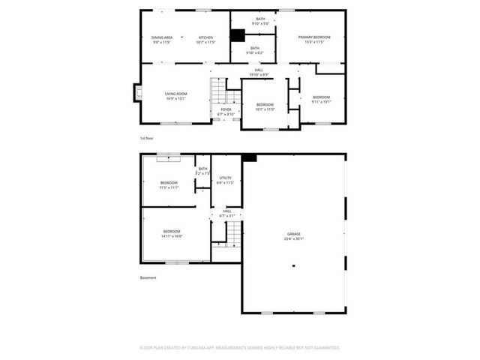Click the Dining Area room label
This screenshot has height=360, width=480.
click(x=162, y=37)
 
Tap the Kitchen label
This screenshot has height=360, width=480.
click(x=205, y=37)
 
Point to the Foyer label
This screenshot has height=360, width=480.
click(x=226, y=109)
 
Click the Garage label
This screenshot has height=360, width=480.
click(x=293, y=234)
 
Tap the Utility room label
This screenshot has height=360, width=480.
click(x=225, y=178)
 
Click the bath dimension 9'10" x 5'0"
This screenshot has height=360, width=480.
click(x=260, y=24)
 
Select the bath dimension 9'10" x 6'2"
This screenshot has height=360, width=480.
click(x=255, y=52)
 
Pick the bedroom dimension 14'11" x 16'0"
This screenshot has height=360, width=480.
click(x=172, y=235)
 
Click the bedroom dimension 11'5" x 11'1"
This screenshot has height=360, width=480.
click(x=169, y=187)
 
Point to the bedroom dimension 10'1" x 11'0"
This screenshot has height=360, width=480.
click(x=265, y=109)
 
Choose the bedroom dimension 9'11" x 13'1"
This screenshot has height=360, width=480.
click(x=321, y=102)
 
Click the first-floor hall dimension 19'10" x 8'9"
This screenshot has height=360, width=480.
click(x=259, y=74)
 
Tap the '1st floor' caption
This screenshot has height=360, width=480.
click(x=147, y=139)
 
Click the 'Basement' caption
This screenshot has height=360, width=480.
click(x=148, y=278)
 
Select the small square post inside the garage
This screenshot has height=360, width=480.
click(x=294, y=265)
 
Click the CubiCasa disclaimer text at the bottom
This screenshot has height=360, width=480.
click(x=240, y=347)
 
